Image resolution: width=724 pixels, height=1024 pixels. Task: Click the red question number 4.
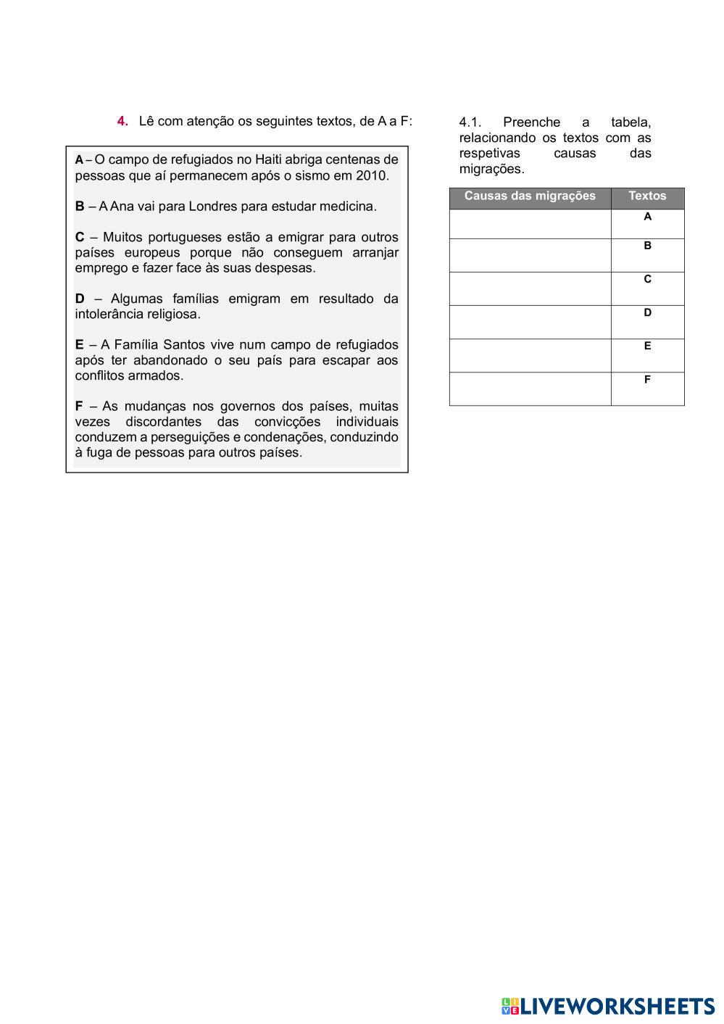pos(122,121)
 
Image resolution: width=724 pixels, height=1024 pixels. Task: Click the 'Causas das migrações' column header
pos(530,196)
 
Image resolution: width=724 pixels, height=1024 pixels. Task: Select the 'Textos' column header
pos(647,196)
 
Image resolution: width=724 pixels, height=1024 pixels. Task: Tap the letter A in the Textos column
pos(647,217)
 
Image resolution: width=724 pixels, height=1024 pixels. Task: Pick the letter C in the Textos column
pos(647,279)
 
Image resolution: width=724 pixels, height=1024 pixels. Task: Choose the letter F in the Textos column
pos(647,379)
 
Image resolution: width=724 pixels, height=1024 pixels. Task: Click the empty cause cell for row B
pos(530,255)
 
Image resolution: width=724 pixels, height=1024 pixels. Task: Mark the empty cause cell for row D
pos(530,322)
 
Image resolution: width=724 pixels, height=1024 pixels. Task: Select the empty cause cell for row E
pos(530,355)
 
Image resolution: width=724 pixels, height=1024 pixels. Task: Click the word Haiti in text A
pos(268,159)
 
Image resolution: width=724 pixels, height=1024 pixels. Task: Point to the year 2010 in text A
pos(372,175)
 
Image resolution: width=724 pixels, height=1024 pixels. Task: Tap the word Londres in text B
pos(212,207)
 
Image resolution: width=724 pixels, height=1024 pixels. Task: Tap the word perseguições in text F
pos(191,437)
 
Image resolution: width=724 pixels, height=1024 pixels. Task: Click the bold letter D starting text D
pos(80,299)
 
